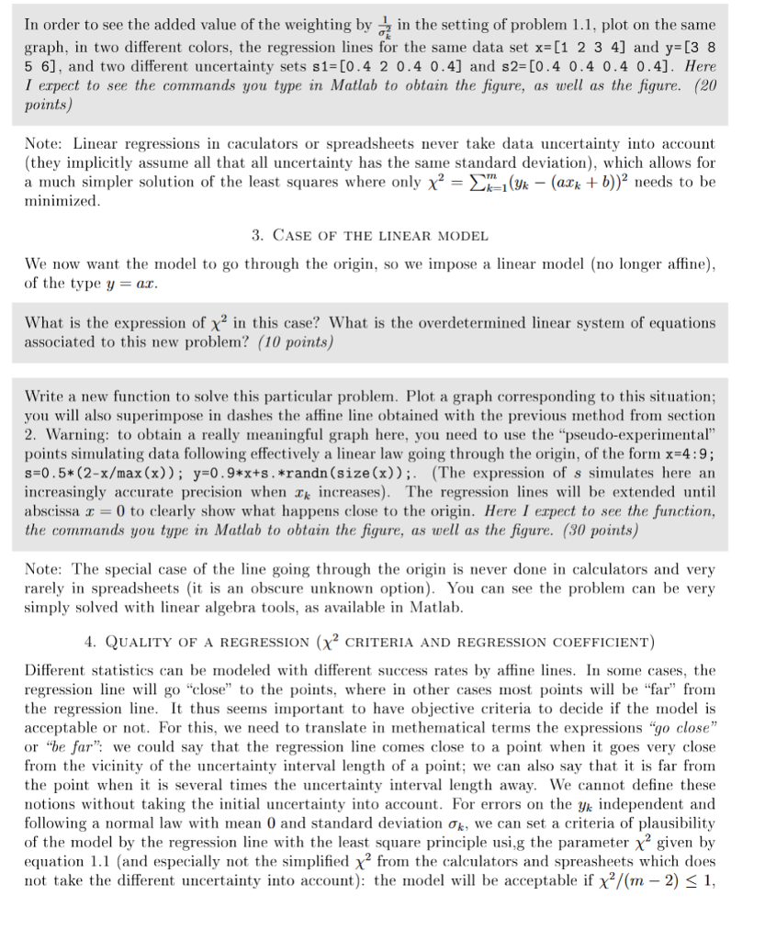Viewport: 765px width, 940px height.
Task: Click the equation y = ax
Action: click(x=123, y=282)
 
